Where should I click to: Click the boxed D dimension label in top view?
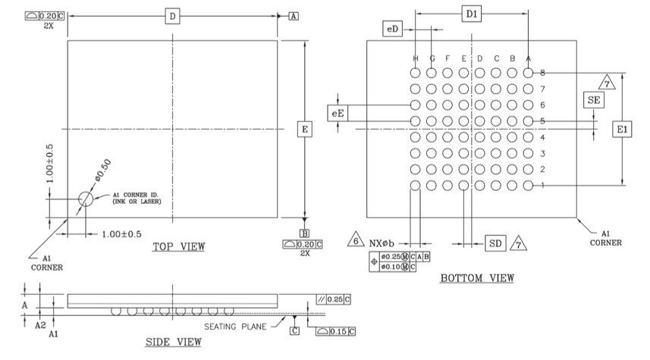coord(173,16)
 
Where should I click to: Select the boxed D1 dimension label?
coord(472,14)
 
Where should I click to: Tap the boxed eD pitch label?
coord(392,29)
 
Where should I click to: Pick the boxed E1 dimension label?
coord(623,130)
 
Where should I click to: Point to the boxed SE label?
coord(593,100)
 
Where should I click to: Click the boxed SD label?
coord(494,243)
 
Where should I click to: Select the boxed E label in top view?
coord(304,130)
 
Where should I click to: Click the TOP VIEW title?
coord(178,246)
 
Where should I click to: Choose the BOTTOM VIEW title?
coord(476,279)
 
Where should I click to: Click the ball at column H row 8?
coord(415,73)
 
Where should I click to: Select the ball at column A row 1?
coord(529,186)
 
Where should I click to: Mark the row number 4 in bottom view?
coord(542,137)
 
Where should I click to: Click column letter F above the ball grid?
coord(447,58)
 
